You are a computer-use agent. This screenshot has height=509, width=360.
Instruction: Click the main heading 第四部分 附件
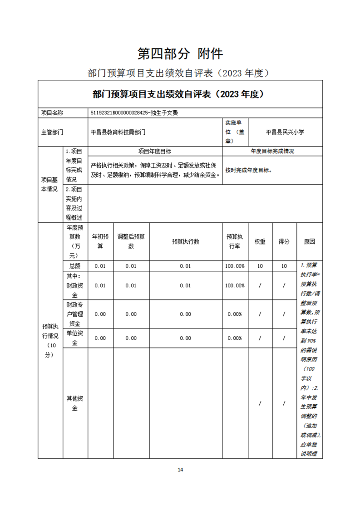click(180, 54)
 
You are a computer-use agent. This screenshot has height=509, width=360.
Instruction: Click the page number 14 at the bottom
click(180, 470)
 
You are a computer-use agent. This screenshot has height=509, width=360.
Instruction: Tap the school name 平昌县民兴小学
click(285, 132)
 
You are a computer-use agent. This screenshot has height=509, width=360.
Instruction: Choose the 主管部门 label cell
click(52, 132)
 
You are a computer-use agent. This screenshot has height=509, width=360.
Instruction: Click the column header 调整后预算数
click(131, 241)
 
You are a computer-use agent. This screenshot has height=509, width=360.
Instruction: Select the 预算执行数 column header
click(185, 241)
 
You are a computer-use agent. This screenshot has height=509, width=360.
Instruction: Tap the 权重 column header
click(260, 241)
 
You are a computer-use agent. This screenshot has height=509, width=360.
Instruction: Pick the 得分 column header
click(284, 241)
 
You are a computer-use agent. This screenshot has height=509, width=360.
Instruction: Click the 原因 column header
click(310, 241)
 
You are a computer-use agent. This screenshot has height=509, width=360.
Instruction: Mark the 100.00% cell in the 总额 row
click(235, 266)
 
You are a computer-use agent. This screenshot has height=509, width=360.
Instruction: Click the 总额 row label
click(74, 266)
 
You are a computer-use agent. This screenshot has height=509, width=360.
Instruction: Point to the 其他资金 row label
click(74, 403)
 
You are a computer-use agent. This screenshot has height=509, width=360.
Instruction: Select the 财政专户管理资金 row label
click(74, 314)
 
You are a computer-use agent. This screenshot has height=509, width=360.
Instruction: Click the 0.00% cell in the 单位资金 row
click(235, 338)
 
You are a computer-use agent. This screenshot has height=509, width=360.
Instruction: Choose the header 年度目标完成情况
click(272, 152)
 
